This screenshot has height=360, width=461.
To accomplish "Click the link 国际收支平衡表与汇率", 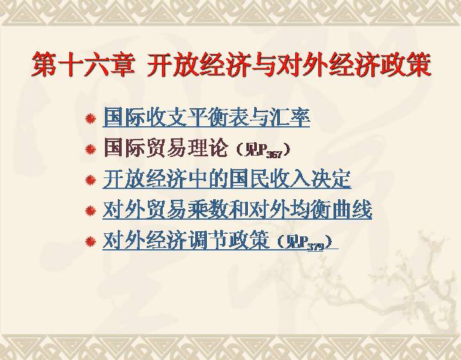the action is click(206, 117).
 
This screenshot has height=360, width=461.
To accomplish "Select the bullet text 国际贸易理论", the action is click(166, 148).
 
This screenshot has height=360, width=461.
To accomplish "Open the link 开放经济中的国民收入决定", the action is click(227, 179).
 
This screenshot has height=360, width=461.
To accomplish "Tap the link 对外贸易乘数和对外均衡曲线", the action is click(238, 209).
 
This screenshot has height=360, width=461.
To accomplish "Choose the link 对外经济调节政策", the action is click(186, 241).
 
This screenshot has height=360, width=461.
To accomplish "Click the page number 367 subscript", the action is click(274, 154).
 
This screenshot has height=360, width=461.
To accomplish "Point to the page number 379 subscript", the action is click(316, 247).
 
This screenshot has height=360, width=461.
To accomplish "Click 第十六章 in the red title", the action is click(83, 65).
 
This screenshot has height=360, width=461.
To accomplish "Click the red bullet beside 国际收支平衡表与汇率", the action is click(90, 119).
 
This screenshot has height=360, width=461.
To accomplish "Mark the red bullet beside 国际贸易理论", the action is click(90, 149).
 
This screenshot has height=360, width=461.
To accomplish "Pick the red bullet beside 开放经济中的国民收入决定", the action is click(90, 180).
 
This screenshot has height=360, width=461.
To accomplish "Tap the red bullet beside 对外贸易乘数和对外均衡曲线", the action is click(90, 211).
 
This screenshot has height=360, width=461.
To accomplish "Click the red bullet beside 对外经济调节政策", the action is click(90, 241).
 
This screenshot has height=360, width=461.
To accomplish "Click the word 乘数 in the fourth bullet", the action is click(207, 209).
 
